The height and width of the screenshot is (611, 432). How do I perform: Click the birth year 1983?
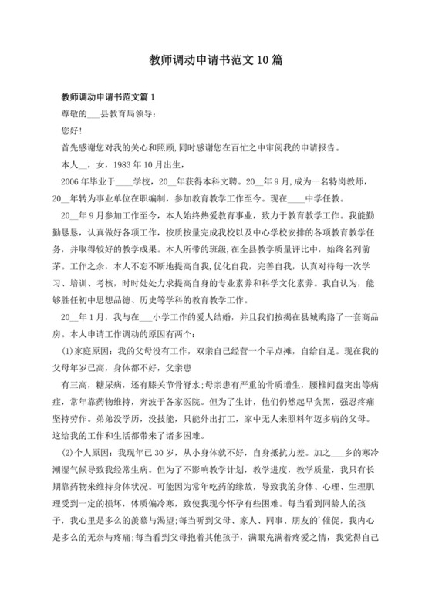pyautogui.click(x=126, y=164)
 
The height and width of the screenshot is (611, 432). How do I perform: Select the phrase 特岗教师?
pyautogui.click(x=350, y=181)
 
